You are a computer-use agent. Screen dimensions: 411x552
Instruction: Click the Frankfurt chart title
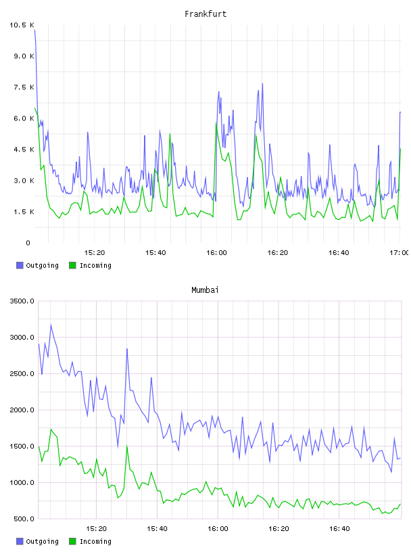pos(205,14)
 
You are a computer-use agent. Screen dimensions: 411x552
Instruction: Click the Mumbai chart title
pos(205,290)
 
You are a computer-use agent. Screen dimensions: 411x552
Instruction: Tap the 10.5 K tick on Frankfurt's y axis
pos(22,25)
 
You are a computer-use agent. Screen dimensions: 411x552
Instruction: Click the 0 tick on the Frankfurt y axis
pos(28,243)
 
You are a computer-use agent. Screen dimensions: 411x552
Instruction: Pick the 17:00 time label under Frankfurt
pos(399,252)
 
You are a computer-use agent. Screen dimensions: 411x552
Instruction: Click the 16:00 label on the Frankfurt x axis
pos(216,252)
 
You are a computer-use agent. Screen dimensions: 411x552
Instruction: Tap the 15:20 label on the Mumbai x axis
pos(96,528)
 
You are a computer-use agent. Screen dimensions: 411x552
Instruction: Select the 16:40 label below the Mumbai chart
pos(339,528)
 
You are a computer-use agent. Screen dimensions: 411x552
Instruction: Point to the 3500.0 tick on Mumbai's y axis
pos(22,301)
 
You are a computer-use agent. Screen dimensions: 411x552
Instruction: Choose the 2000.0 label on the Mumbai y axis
pos(22,410)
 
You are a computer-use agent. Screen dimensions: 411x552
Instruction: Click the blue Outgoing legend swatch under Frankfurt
pos(20,265)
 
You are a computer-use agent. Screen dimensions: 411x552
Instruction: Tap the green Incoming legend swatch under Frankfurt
pos(72,265)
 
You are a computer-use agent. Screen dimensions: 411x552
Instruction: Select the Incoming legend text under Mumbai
pos(95,541)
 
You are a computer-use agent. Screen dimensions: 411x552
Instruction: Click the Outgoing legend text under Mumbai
pos(42,541)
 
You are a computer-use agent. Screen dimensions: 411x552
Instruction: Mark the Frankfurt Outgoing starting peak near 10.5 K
pos(35,30)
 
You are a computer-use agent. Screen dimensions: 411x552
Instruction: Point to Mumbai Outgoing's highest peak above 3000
pos(51,325)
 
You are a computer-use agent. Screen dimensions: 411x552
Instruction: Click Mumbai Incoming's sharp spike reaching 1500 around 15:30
pos(127,446)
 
